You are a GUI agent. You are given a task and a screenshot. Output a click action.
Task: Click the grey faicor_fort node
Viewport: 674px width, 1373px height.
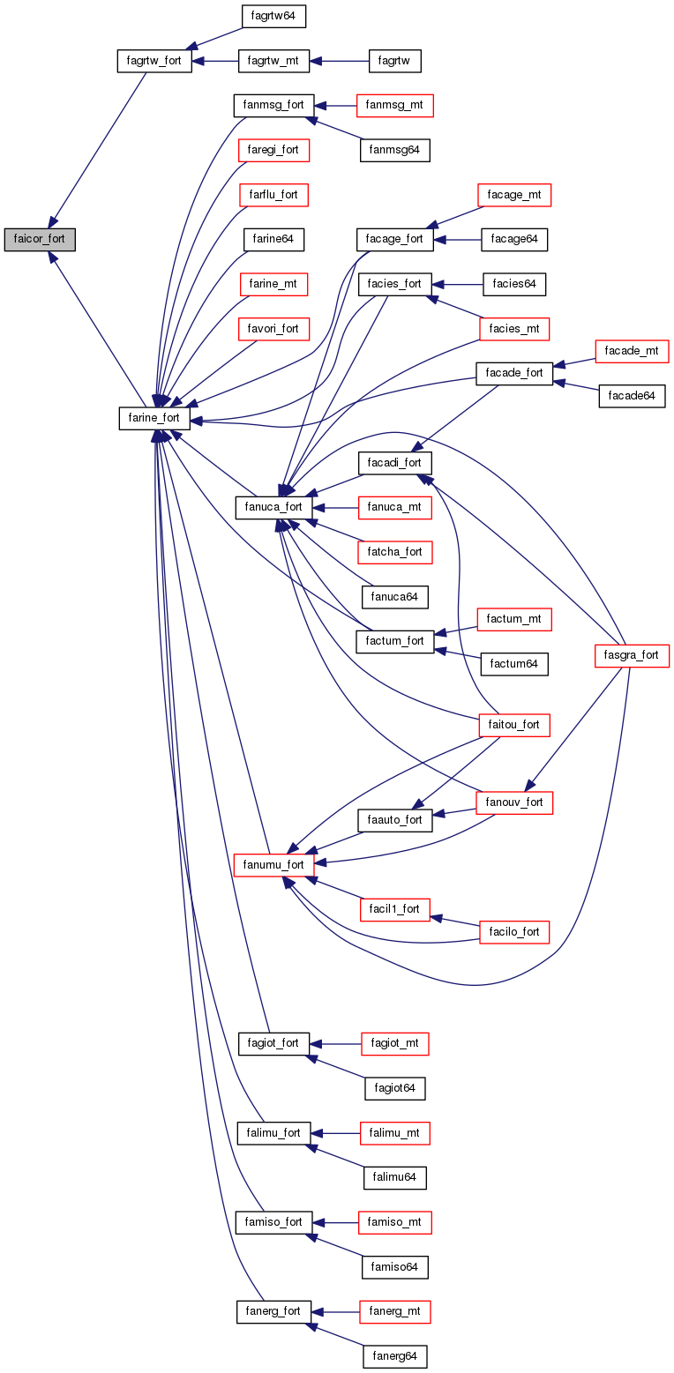39,239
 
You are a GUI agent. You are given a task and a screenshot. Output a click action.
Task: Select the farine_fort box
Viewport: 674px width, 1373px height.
154,418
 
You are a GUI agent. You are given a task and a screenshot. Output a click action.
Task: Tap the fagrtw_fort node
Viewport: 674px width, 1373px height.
154,62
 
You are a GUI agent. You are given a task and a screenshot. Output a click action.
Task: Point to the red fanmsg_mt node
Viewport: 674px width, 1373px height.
394,105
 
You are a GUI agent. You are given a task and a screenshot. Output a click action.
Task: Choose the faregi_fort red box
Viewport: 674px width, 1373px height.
273,150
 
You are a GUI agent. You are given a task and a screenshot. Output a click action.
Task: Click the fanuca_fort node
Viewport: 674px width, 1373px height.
273,507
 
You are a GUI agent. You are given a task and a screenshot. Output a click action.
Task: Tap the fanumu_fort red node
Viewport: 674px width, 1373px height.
273,864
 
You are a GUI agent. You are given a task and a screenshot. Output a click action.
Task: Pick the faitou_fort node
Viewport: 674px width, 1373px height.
513,725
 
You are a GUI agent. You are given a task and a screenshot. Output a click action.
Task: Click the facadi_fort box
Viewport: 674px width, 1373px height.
394,462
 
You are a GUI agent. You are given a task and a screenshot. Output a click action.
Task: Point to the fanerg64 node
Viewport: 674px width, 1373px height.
394,1356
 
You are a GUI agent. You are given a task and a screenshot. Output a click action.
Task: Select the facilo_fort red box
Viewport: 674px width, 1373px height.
513,932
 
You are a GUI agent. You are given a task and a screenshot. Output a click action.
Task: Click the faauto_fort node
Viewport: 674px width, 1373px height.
394,819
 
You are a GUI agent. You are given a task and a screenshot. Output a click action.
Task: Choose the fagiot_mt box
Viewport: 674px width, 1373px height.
394,1043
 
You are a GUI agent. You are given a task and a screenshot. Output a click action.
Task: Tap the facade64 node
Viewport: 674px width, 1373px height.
632,396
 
